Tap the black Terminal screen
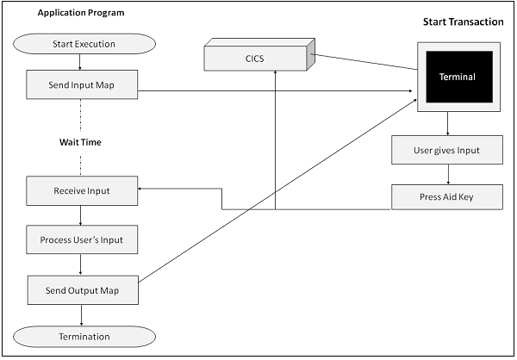click(x=456, y=76)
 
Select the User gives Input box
click(x=447, y=150)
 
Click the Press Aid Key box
click(x=447, y=196)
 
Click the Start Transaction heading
click(x=463, y=22)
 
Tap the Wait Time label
click(x=80, y=142)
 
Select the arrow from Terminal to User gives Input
click(x=447, y=124)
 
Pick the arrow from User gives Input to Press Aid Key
click(x=447, y=173)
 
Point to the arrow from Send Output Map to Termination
click(x=80, y=313)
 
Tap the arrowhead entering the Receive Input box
click(x=142, y=189)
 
